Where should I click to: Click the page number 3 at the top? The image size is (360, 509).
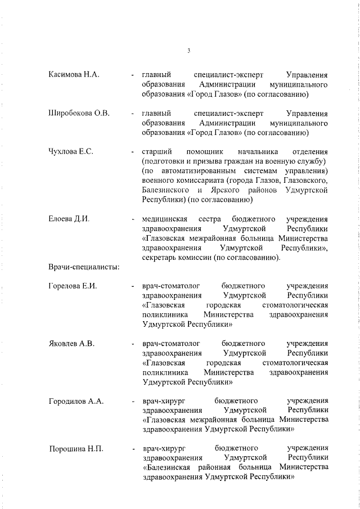189,51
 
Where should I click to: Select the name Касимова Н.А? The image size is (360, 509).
74,76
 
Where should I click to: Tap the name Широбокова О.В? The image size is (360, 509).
79,114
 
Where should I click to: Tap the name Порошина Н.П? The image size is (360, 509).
76,449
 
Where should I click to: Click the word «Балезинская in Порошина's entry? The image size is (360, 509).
168,467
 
